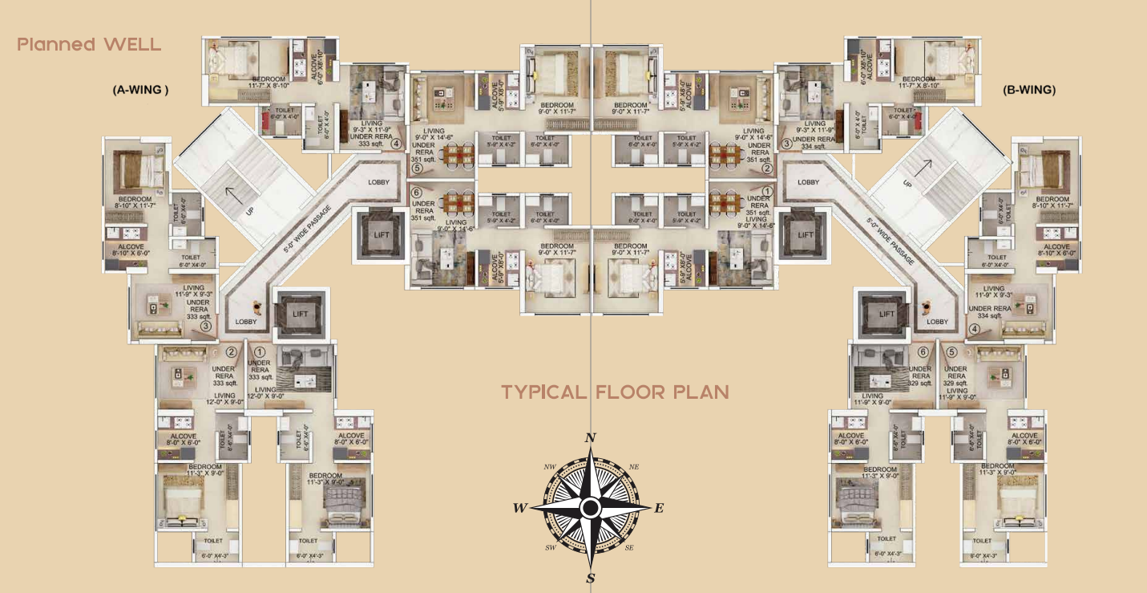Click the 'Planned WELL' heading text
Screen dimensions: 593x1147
point(89,44)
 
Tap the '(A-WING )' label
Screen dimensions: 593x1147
point(140,91)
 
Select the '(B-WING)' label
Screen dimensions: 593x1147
point(1029,91)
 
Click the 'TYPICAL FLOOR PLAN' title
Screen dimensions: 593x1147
point(616,392)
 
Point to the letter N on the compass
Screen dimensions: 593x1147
point(591,438)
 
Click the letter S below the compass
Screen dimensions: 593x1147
point(591,579)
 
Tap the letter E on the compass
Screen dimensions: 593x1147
point(660,508)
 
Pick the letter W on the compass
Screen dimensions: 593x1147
point(520,508)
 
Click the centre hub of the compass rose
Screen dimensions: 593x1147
point(591,508)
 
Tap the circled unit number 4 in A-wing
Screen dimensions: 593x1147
point(395,145)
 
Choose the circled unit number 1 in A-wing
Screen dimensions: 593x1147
point(259,351)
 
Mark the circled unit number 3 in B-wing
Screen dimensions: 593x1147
point(786,145)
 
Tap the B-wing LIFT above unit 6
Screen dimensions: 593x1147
point(886,314)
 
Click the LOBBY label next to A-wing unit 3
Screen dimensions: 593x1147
point(246,322)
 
